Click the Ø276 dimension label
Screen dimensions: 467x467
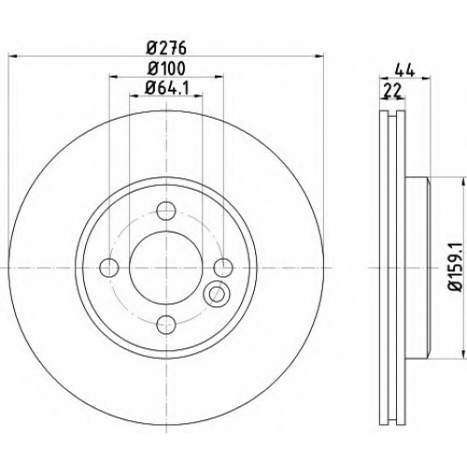click(x=166, y=49)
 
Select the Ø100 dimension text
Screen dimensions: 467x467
click(x=166, y=68)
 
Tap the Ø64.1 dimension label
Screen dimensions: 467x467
click(x=167, y=89)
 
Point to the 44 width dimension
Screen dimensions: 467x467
click(x=405, y=70)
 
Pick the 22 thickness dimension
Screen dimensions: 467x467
click(x=393, y=91)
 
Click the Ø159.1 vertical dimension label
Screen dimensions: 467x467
click(x=456, y=267)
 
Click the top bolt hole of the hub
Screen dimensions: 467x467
click(x=166, y=211)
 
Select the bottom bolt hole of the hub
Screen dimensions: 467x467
click(x=166, y=324)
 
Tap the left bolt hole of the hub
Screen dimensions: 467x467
click(x=109, y=267)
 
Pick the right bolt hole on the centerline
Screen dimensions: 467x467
click(x=223, y=267)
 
